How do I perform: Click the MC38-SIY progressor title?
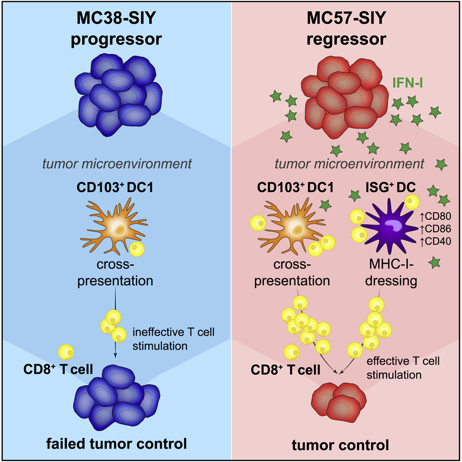tap(116, 30)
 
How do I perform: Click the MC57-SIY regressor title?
tap(346, 30)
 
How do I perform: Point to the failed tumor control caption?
tap(116, 443)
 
